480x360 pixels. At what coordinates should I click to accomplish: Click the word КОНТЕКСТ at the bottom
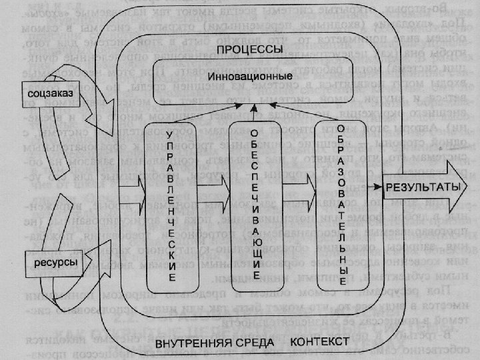320,341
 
